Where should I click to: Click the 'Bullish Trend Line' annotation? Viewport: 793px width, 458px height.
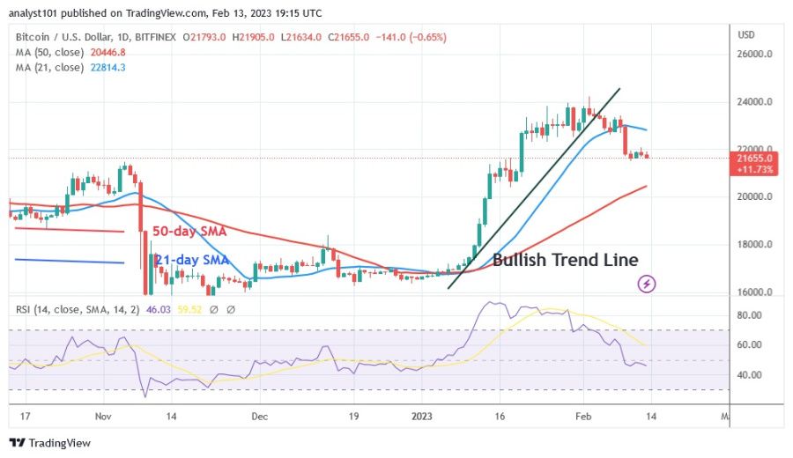[565, 260]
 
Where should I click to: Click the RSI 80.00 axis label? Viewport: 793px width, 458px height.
[750, 315]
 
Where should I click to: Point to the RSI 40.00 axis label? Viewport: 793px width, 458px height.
[750, 375]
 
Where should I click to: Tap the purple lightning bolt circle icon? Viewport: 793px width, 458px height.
[648, 284]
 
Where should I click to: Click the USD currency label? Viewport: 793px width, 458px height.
[745, 35]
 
